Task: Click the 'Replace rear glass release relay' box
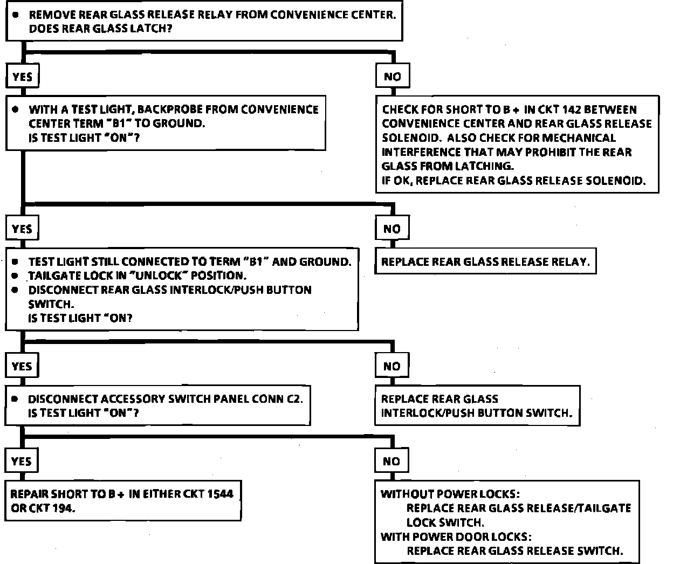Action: (485, 262)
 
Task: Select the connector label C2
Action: (294, 399)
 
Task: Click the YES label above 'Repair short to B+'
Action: (22, 461)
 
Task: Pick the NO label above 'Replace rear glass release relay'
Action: (392, 229)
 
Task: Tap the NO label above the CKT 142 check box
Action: (393, 77)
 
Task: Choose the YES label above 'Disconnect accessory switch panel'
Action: (22, 366)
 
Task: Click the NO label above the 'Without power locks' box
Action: (392, 461)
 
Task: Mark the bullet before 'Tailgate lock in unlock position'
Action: (16, 276)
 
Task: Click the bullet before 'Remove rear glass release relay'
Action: (16, 15)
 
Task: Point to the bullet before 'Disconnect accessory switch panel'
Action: (16, 399)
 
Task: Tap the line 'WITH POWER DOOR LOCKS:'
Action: (456, 537)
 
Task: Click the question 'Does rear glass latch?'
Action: (100, 29)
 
